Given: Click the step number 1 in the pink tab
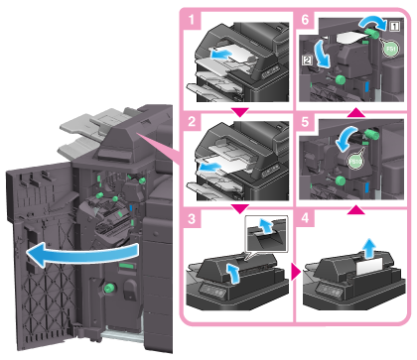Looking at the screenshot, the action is point(192,20).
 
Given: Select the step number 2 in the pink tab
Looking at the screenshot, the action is point(192,121).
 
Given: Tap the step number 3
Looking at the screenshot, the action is point(192,218).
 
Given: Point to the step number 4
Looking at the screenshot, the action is point(305,218).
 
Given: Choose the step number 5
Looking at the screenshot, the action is point(305,121).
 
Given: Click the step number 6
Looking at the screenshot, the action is point(305,20).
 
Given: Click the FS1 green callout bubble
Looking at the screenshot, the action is point(391,49).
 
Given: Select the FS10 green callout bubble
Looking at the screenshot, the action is point(355,162).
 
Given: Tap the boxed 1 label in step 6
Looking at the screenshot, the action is point(394,26).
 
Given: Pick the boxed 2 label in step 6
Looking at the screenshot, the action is point(308,60).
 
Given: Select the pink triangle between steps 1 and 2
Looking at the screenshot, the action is point(240,112).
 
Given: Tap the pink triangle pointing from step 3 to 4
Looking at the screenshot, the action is point(296,272).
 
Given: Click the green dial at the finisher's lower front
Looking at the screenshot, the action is point(109,289).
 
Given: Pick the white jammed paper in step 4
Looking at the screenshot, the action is point(369,266).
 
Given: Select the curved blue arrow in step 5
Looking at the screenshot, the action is point(346,138).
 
